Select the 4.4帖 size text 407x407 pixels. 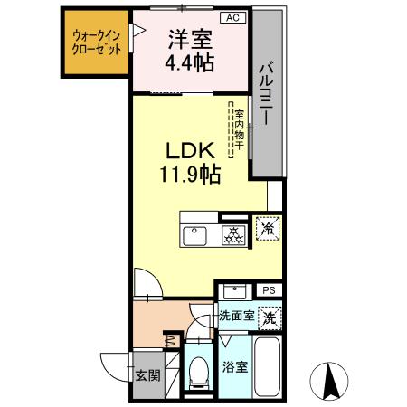coord(189,64)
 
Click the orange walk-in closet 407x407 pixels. coord(96,45)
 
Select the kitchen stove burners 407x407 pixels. coord(232,235)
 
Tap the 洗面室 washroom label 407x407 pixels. coord(236,317)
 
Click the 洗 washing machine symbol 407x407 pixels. coord(268,317)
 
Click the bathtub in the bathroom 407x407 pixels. coord(268,365)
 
